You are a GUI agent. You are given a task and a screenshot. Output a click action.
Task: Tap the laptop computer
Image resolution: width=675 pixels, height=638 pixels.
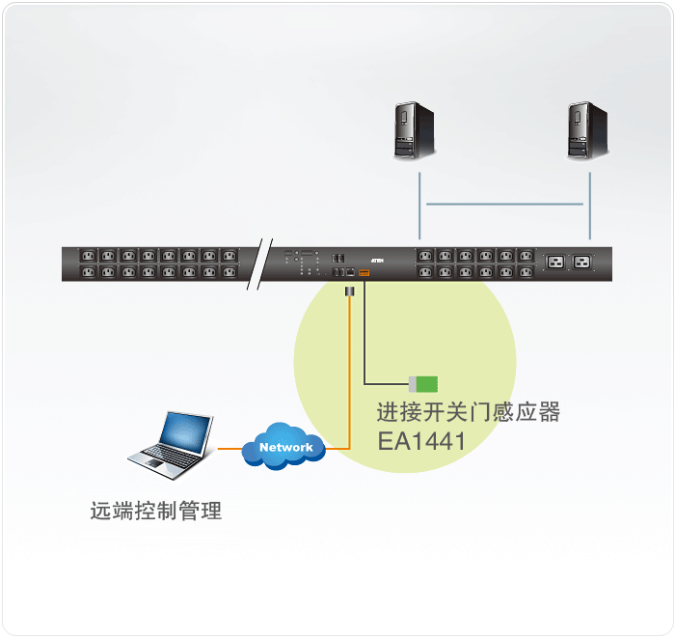[173, 445]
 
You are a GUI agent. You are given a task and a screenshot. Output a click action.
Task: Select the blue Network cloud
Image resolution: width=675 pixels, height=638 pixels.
[284, 447]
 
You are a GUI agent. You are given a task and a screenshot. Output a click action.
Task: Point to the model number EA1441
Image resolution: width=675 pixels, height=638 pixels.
[421, 441]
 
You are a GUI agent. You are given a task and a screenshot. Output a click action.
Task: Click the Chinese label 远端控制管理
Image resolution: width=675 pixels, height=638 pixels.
[156, 512]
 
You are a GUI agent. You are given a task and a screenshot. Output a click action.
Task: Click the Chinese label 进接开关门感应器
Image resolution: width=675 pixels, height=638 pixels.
[468, 413]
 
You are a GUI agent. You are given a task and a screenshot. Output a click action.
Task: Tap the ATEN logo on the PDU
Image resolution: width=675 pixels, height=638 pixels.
[378, 259]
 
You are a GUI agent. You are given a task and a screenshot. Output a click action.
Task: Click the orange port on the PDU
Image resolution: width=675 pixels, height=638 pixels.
[364, 273]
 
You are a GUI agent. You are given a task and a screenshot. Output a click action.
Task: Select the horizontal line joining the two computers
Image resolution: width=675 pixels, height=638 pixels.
[504, 204]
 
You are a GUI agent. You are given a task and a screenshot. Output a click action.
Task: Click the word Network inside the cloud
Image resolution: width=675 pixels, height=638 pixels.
[286, 447]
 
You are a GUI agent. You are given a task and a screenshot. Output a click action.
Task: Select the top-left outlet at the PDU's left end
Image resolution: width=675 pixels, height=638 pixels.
[87, 256]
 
